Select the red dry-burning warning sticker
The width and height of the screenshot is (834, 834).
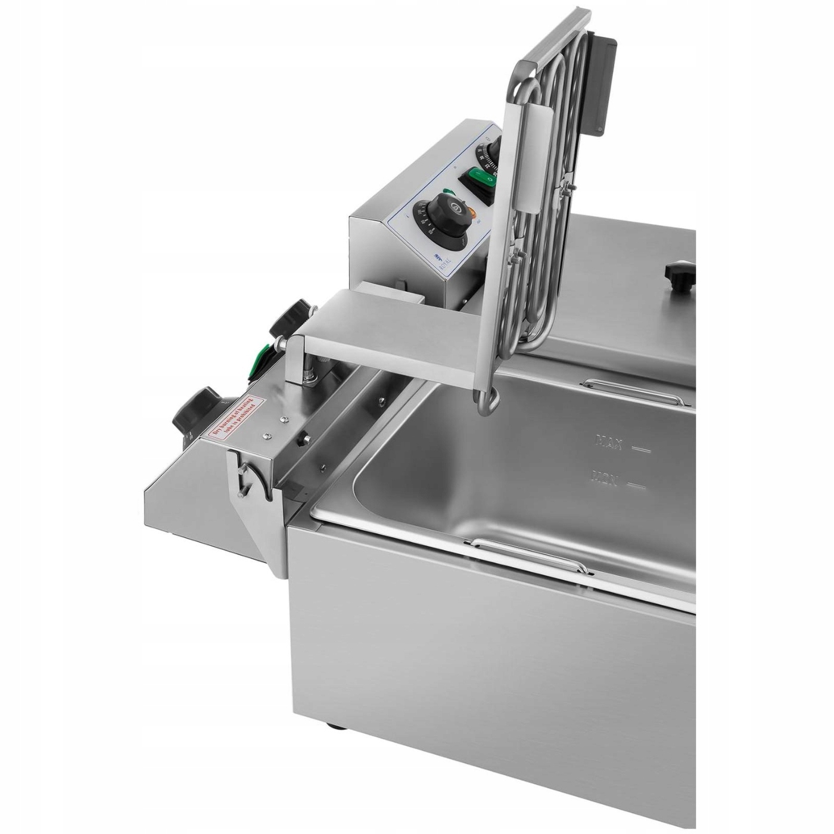(x=235, y=420)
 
